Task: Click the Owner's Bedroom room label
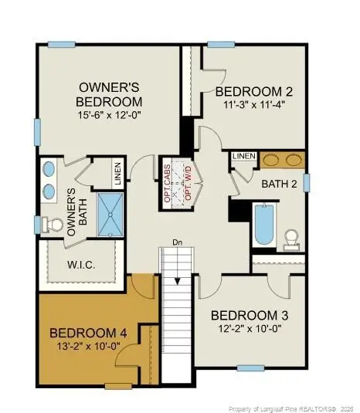(x=109, y=94)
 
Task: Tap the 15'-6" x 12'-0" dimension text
(x=109, y=116)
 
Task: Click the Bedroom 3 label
(x=243, y=315)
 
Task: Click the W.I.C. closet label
(x=81, y=263)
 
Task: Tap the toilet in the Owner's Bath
(x=53, y=225)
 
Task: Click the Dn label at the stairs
(x=176, y=241)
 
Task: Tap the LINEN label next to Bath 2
(x=244, y=157)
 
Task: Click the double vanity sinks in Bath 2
(x=282, y=161)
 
